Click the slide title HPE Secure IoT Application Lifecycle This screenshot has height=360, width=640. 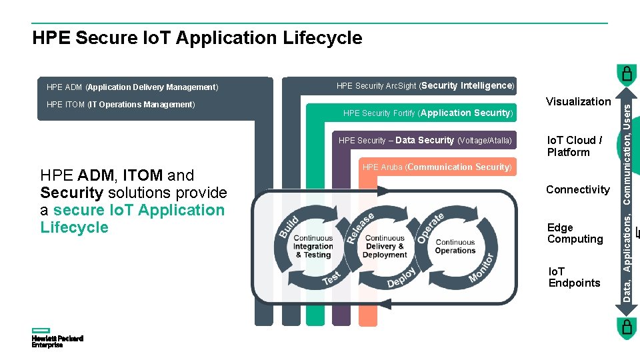[197, 38]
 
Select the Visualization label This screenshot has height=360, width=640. [578, 101]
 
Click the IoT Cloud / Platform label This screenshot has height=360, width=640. [574, 146]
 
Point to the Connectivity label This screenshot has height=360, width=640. [577, 190]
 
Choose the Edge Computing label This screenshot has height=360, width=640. [575, 233]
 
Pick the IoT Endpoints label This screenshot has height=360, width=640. [574, 277]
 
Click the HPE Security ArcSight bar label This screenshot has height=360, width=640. [425, 86]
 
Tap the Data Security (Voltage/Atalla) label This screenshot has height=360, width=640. [425, 141]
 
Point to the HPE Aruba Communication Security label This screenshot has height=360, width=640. [437, 167]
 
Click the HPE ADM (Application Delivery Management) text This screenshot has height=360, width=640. [132, 87]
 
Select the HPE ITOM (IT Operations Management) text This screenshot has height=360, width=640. [120, 105]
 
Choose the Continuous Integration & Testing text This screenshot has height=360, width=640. [313, 246]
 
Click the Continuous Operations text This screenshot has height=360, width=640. [455, 247]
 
